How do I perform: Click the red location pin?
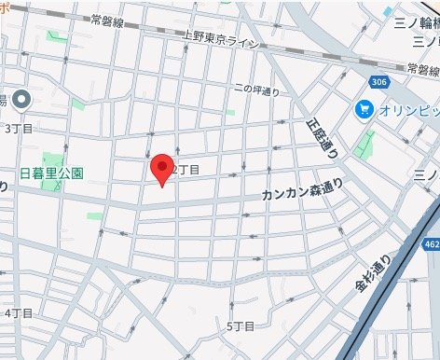point(163,169)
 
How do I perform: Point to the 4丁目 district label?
point(20,312)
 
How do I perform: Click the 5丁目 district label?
point(241,325)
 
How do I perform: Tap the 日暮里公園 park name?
point(52,173)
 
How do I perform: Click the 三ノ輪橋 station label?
point(416,22)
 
